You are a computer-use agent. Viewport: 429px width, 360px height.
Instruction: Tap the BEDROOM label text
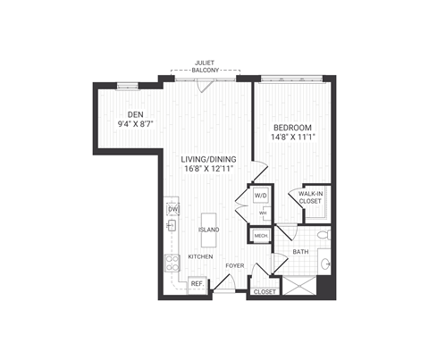[293, 127]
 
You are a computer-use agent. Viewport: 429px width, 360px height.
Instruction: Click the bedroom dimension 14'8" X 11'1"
[293, 138]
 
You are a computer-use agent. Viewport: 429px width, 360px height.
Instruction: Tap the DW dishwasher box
[172, 210]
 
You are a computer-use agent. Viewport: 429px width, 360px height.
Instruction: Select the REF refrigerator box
[196, 283]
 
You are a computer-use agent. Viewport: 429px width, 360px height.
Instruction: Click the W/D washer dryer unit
[261, 196]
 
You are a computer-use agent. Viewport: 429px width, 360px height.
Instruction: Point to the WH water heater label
[263, 213]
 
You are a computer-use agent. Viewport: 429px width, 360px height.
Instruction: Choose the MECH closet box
[261, 236]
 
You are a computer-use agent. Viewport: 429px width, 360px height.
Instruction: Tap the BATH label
[301, 252]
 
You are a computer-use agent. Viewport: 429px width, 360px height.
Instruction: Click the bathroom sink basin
[325, 264]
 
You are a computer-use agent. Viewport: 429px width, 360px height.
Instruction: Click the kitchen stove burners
[172, 264]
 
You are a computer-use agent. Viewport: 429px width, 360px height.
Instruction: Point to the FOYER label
[234, 265]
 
